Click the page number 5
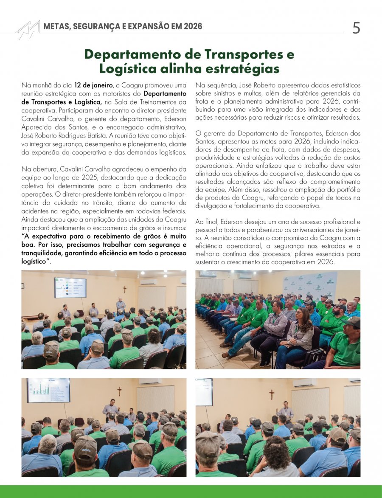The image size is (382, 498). coord(356,28)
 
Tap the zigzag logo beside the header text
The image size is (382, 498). coord(28,29)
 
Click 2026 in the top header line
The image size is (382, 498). coord(191,26)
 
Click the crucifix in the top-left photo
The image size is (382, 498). coord(125,290)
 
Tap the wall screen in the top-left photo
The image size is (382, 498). coord(70,287)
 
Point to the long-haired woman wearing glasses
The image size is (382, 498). coord(301,335)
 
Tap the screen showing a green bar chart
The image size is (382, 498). coord(48,390)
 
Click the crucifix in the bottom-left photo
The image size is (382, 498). coord(119,391)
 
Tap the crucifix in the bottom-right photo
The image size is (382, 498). coord(271,394)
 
